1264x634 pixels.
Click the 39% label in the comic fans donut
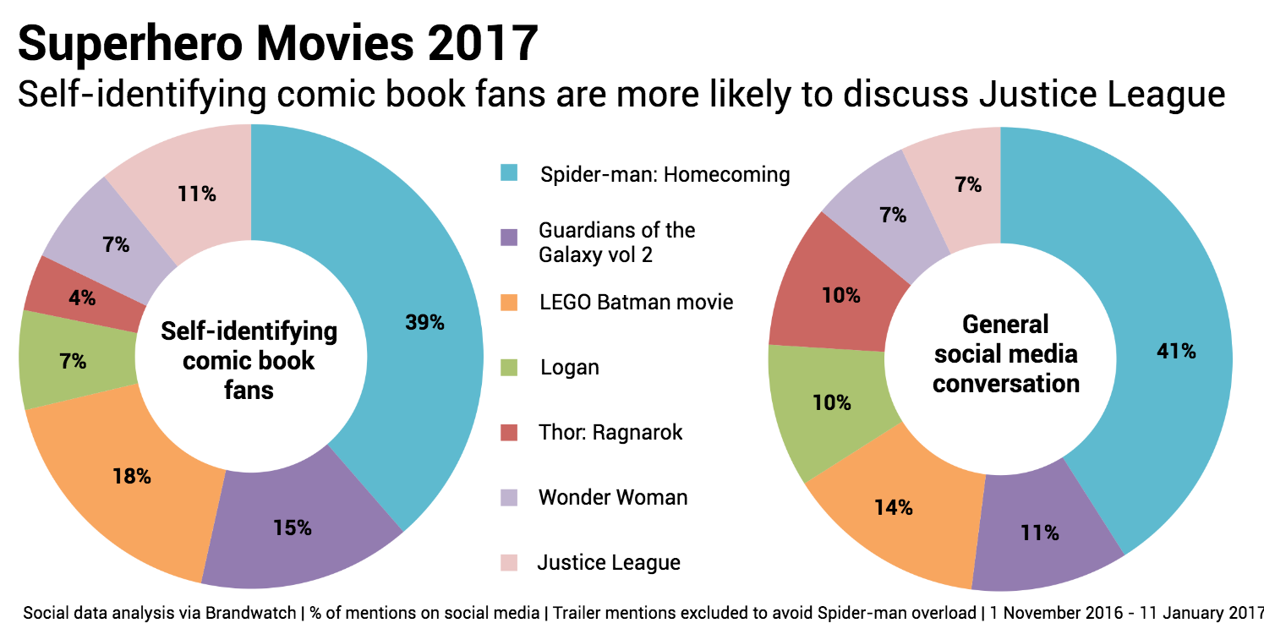click(x=424, y=322)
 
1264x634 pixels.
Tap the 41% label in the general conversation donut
click(x=1176, y=352)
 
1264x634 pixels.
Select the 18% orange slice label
click(x=132, y=476)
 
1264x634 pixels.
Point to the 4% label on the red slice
click(x=83, y=298)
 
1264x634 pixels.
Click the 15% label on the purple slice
click(x=293, y=528)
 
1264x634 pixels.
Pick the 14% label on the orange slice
click(x=894, y=507)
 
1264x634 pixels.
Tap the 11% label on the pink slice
click(x=197, y=194)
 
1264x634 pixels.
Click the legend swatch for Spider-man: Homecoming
click(x=508, y=173)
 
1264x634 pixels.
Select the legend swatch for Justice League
click(x=508, y=562)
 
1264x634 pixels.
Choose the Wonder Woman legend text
click(x=613, y=497)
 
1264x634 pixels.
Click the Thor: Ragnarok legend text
click(x=610, y=433)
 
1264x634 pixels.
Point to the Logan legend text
click(x=570, y=368)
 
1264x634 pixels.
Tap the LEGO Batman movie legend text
click(x=636, y=302)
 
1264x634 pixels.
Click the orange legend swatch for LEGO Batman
click(x=508, y=302)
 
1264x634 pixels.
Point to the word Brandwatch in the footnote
click(x=251, y=613)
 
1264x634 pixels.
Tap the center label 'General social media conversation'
click(x=1006, y=353)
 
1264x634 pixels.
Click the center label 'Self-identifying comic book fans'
click(x=249, y=360)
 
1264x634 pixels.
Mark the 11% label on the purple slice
click(x=1039, y=533)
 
